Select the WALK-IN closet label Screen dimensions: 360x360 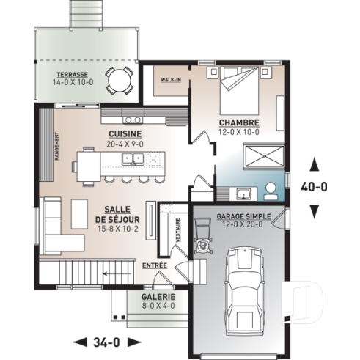172,79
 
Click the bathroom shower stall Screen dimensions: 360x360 261,157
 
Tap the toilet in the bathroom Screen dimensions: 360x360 272,190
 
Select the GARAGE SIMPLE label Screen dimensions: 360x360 243,217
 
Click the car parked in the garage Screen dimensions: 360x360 243,289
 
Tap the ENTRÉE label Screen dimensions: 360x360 155,265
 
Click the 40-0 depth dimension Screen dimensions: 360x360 315,187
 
